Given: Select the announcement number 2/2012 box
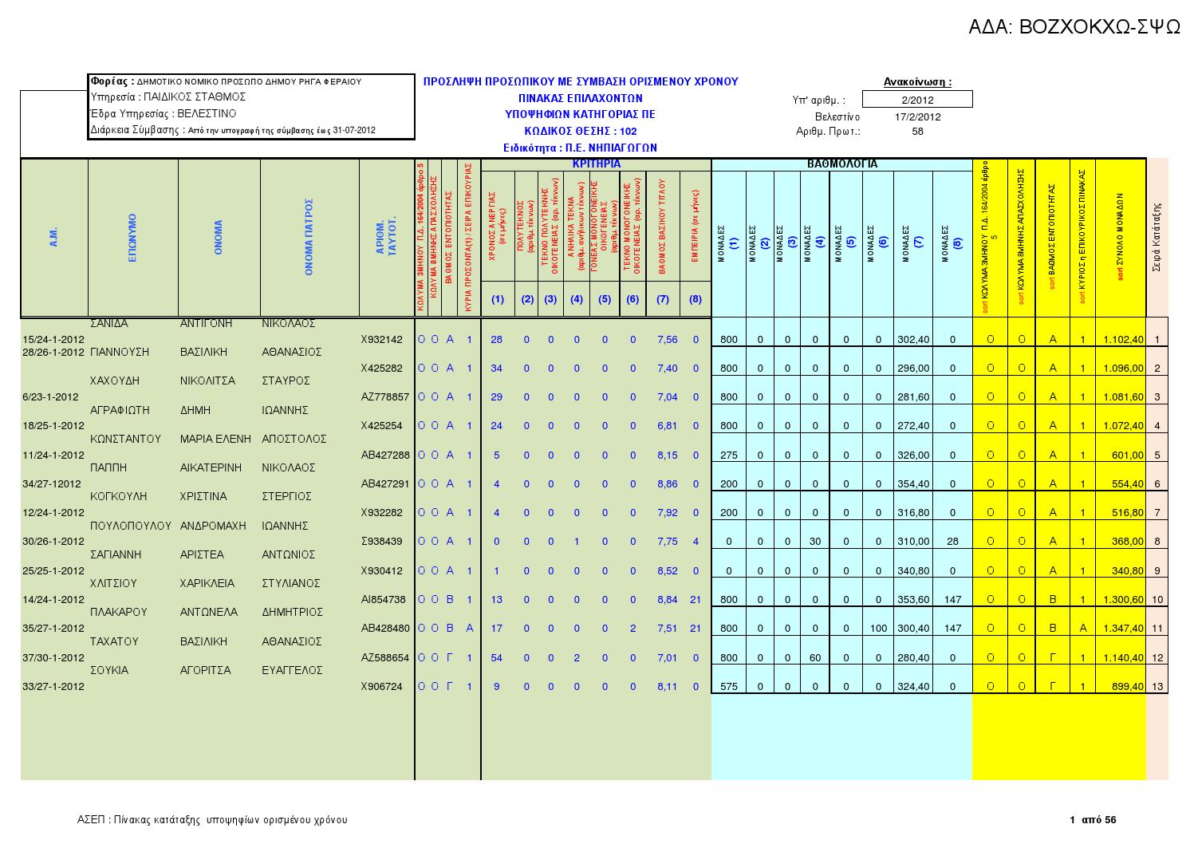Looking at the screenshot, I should pos(917,100).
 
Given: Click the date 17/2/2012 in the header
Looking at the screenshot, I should pos(917,116).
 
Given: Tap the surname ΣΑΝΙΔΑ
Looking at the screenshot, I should pos(109,324).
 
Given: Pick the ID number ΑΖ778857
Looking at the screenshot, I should pos(384,397).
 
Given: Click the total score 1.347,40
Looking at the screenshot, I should pos(1122,629).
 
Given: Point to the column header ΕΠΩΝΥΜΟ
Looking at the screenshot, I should pos(133,237).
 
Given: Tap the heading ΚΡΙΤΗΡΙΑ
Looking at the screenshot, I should pos(596,164).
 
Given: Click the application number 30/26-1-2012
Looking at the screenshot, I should pos(53,542).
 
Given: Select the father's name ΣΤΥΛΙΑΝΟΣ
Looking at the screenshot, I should pos(290,584).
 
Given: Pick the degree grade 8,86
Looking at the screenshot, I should pos(667,484).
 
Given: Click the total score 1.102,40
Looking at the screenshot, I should pos(1122,340).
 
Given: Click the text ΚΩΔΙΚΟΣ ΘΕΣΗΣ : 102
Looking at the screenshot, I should pos(580,131).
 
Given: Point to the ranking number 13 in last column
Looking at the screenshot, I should pos(1157,687).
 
